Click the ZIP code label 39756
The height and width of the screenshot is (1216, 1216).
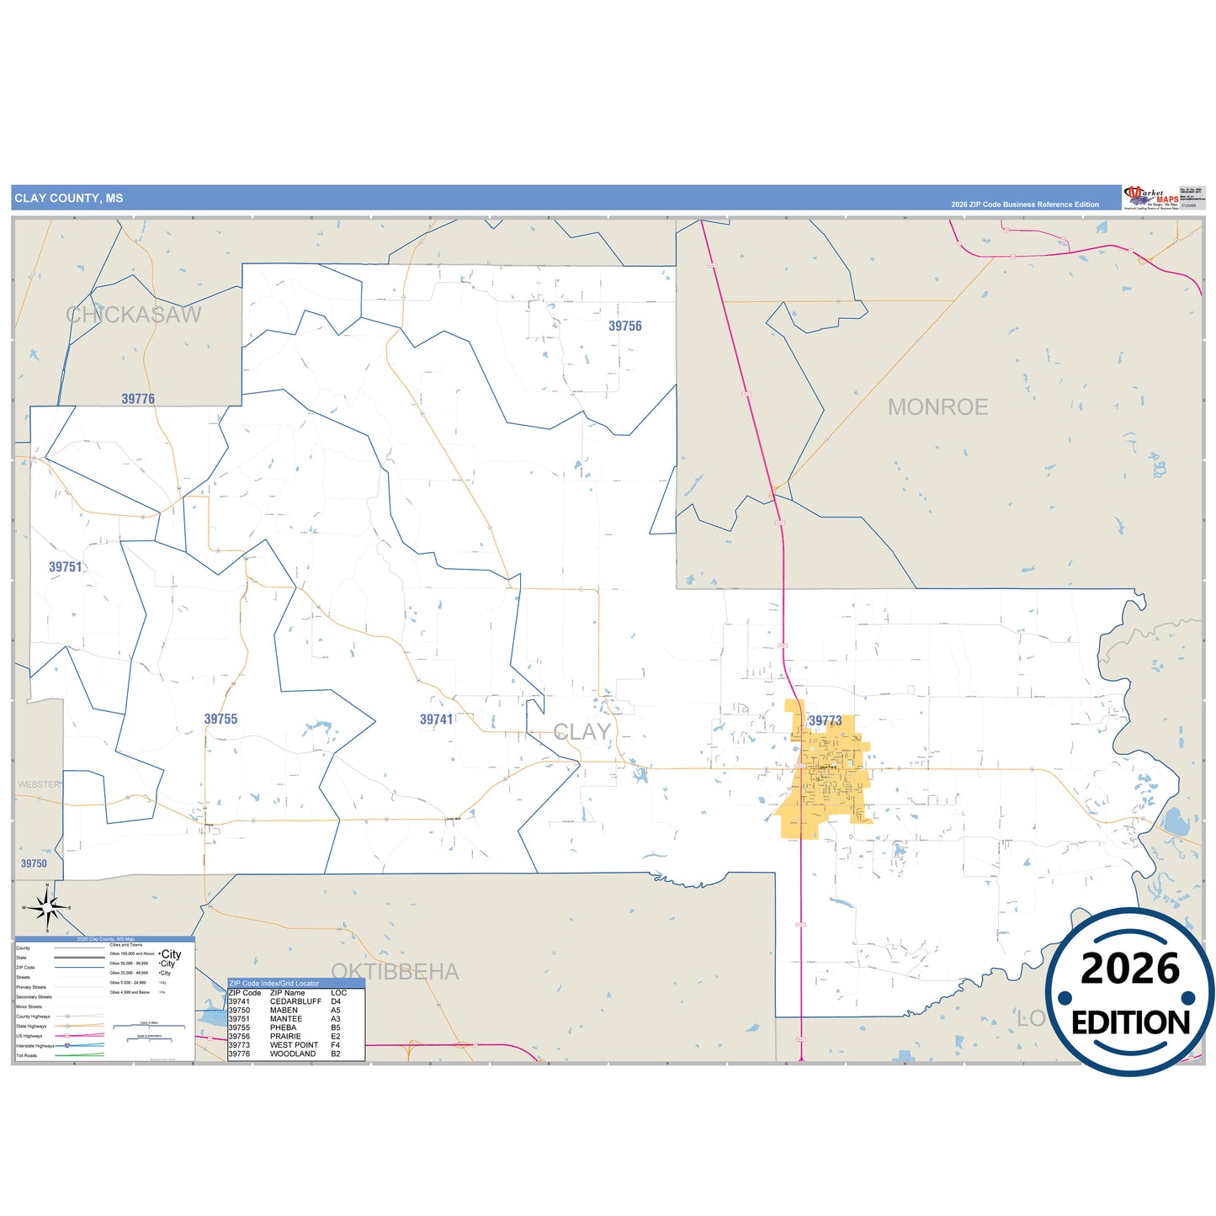pos(624,327)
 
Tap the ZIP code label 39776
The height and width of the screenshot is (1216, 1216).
pos(138,399)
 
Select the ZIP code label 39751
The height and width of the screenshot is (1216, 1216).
pos(65,567)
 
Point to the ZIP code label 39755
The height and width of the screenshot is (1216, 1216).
pos(220,720)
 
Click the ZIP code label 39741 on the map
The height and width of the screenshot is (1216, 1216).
pos(436,720)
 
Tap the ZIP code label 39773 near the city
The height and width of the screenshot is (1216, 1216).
pos(825,721)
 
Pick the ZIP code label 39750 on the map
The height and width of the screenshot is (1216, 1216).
pos(34,863)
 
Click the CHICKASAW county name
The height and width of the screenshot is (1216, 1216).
pos(134,315)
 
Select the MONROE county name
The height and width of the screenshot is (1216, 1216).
pos(937,407)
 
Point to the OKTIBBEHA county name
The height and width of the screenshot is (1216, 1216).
pos(395,972)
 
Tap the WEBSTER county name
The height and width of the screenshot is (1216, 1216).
pos(39,784)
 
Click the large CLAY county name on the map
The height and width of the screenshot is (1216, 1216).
pos(581,732)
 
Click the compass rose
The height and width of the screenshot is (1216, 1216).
pos(47,907)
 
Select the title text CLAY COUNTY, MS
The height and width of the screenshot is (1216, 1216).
pos(69,199)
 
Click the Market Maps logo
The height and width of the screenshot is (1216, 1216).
pos(1150,198)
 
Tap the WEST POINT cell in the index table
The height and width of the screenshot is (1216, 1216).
pos(294,1045)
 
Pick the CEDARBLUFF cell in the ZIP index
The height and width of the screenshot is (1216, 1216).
pos(295,1001)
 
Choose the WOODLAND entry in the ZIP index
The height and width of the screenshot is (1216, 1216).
pos(293,1054)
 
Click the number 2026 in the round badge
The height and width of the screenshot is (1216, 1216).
pos(1129,969)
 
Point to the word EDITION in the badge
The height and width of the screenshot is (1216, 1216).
pos(1130,1022)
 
